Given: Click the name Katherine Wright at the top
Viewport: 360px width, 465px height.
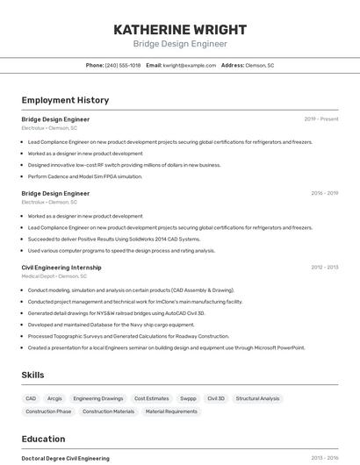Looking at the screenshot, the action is coord(180,29).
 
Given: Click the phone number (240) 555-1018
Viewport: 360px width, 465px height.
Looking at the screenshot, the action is coord(122,66).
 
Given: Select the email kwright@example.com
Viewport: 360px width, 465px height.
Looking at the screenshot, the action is coord(188,66).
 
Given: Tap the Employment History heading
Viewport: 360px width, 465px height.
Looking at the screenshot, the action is coord(65,101).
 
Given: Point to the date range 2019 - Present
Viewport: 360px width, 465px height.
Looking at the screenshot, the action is coord(320,119).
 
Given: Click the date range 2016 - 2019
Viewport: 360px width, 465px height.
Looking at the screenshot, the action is coord(324,193).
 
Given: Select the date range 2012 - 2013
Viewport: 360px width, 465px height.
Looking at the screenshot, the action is coord(324,268).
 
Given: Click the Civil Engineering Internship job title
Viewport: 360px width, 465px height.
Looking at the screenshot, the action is coord(61,268).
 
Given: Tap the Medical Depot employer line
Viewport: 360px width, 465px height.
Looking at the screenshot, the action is coord(54,276).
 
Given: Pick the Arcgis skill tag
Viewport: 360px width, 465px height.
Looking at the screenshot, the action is coord(54,398).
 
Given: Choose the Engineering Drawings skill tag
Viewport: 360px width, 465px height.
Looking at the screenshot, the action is coord(98,398).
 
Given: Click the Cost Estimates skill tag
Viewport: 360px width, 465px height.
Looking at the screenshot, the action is coord(151,398).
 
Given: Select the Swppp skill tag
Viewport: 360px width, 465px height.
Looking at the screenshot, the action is coord(188,398).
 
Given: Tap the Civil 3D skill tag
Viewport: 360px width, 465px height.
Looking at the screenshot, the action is coord(216,398).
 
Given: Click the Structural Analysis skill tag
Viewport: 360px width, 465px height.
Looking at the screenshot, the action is coord(257,398).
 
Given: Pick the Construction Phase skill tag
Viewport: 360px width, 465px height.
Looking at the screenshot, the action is coord(48,411).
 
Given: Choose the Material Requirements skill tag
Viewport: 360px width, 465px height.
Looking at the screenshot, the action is coord(171,411).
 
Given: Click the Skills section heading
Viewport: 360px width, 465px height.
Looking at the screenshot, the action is coord(32,376).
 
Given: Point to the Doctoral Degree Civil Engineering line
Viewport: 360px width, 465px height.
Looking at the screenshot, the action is coord(66,458).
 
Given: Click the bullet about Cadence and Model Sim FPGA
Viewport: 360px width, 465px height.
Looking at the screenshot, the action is coord(84,176).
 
